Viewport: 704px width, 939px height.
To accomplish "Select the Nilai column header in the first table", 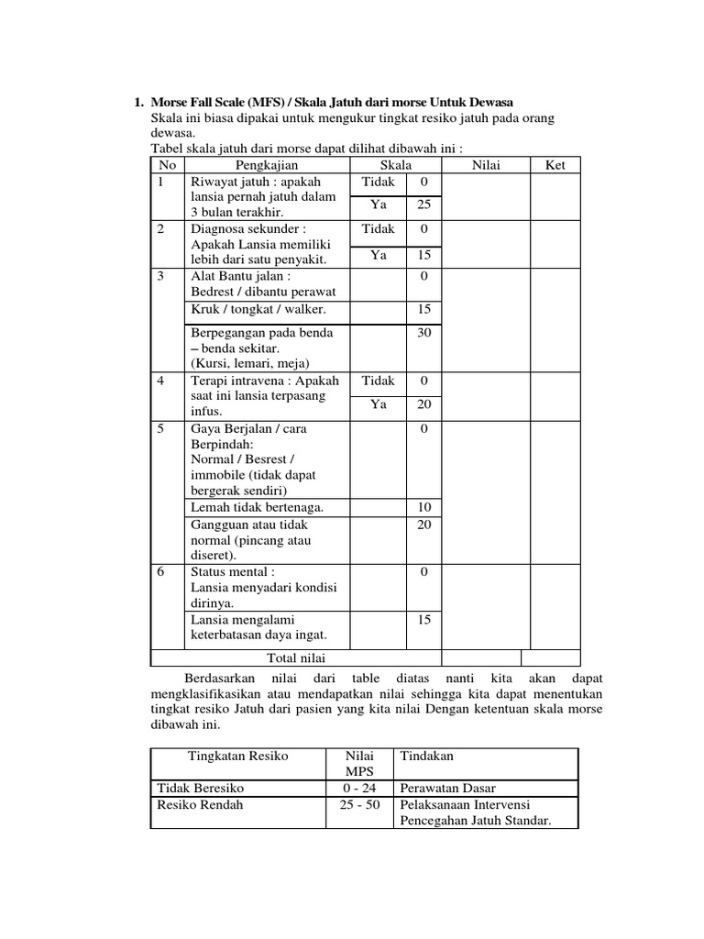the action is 485,165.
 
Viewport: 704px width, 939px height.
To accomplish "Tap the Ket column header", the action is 555,165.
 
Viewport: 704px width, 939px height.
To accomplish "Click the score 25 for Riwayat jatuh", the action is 423,205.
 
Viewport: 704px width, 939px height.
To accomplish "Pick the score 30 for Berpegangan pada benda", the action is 423,333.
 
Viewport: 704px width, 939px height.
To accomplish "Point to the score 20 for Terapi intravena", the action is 423,403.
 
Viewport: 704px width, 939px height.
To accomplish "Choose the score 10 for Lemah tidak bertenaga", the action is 423,506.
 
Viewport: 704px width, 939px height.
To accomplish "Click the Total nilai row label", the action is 296,657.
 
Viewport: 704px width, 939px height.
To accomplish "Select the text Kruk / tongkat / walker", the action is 246,309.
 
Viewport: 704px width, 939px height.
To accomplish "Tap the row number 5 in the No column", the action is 161,428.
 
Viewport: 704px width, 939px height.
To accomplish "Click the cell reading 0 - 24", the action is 359,788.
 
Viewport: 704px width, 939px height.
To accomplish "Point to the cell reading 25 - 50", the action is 359,804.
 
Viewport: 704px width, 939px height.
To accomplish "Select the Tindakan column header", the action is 425,757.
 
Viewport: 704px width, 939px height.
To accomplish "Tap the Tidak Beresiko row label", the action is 201,788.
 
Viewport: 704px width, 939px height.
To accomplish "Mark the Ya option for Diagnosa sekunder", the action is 379,256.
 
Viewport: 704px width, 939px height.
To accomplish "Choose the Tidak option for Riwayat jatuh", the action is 379,182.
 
